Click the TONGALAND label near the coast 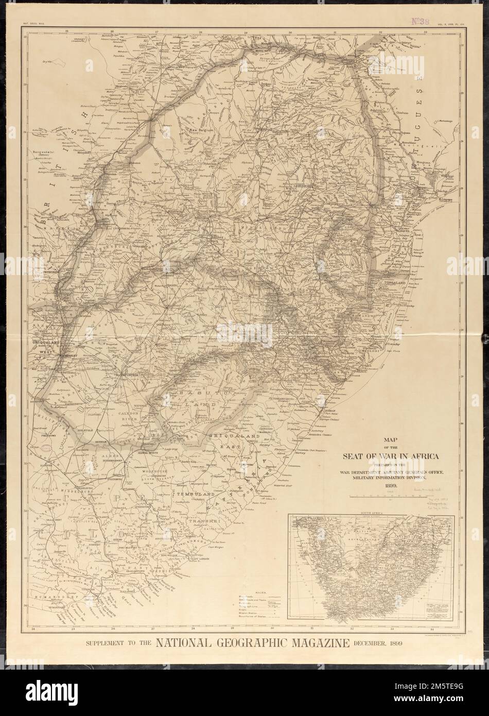[395, 283]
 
